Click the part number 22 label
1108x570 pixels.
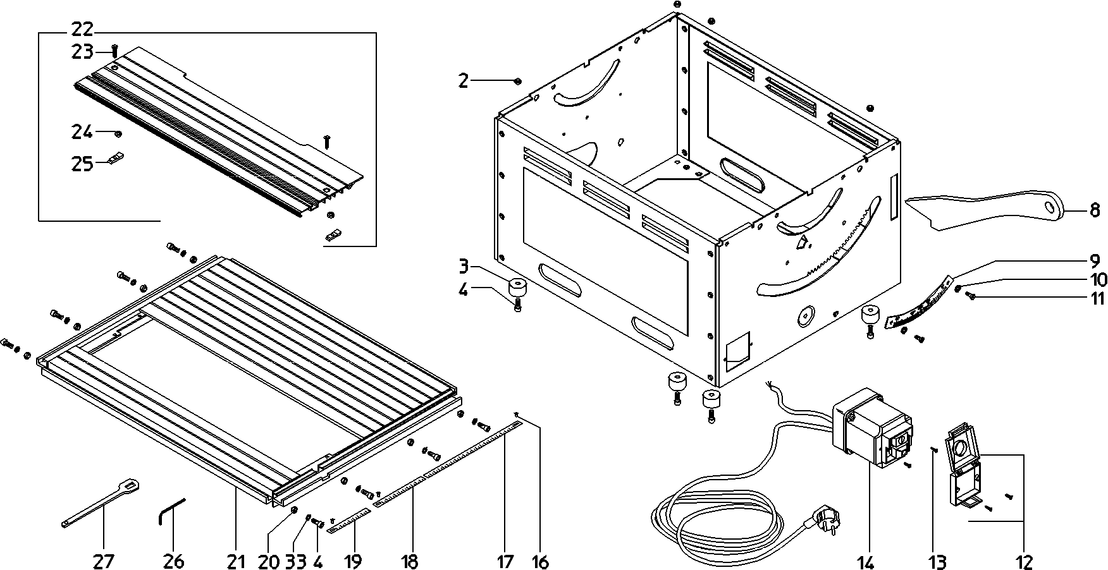[x=82, y=29]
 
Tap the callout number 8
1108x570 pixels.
[x=1095, y=210]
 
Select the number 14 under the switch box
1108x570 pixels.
[x=865, y=561]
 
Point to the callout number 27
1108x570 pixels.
[x=104, y=561]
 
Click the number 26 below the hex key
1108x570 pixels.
[x=173, y=561]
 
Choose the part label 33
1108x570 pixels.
[x=296, y=561]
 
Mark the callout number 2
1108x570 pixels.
[x=464, y=81]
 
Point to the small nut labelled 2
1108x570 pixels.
[x=517, y=81]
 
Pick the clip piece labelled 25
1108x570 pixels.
[x=115, y=159]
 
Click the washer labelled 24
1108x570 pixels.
[x=118, y=133]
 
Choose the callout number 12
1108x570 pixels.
[x=1025, y=561]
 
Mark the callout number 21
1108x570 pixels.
[x=235, y=561]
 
